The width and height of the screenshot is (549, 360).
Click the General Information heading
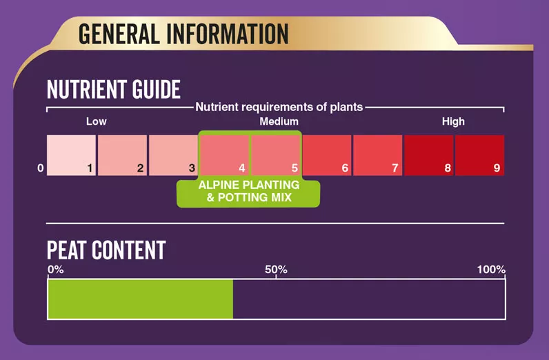tap(183, 34)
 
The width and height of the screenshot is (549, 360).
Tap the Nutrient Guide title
tap(114, 89)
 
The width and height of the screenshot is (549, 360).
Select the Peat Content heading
tap(106, 250)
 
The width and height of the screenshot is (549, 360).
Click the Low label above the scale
tap(97, 121)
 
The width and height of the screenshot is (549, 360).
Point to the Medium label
tap(279, 121)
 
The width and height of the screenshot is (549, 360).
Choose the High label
tap(453, 121)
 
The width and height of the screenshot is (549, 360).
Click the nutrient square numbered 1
tap(72, 155)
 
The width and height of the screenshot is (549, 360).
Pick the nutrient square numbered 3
tap(173, 155)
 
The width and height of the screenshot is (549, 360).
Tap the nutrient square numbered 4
tap(224, 155)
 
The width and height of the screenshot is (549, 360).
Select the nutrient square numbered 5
tap(276, 155)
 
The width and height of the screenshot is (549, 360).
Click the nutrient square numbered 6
tap(327, 155)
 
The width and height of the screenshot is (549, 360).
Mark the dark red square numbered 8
tap(429, 155)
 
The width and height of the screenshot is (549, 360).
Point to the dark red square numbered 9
tap(480, 155)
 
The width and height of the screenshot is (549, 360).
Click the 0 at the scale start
tap(41, 168)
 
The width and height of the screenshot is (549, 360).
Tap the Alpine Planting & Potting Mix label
tap(249, 191)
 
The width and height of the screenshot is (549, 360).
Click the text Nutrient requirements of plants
tap(279, 107)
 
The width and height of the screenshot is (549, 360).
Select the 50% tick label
tap(277, 270)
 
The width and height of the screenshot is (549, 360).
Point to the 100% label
tap(491, 270)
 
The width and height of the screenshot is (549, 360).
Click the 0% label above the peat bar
tap(56, 270)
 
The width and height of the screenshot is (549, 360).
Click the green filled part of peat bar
tap(141, 299)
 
